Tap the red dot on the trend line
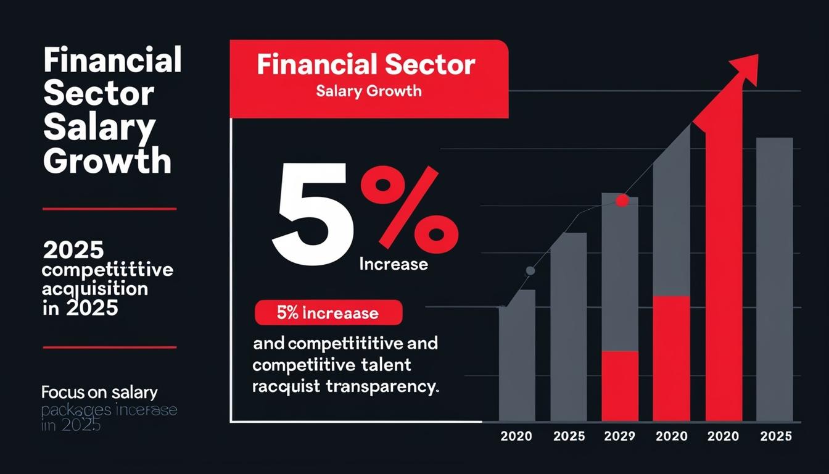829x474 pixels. tap(622, 201)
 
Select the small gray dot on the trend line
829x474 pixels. tap(530, 270)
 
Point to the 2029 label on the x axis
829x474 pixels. tap(619, 436)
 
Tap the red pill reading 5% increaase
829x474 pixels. tap(328, 313)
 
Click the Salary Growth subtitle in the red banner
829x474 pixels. tap(369, 91)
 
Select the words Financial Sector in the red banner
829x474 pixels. tap(366, 65)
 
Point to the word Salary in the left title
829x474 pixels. tap(99, 128)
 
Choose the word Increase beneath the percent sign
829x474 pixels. tap(394, 264)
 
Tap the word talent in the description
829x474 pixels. tap(385, 365)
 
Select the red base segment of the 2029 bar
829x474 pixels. tap(619, 386)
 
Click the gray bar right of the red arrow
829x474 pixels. tap(774, 278)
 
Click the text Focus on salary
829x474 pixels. tap(99, 392)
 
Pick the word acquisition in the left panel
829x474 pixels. tap(95, 288)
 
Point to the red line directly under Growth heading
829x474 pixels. tap(109, 209)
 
